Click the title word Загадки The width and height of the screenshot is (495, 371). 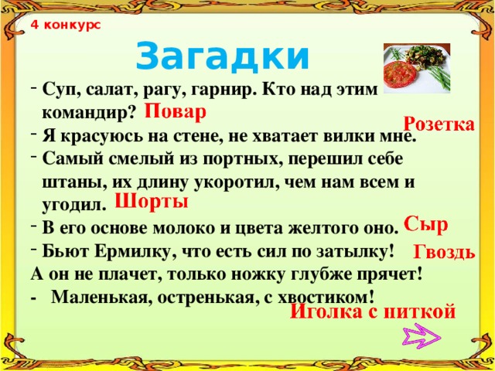[x=222, y=55]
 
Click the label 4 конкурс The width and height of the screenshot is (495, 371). [x=66, y=24]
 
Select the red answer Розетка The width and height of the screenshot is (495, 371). [x=439, y=124]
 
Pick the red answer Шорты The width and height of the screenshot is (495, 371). [x=152, y=203]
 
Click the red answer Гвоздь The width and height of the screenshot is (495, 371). [x=444, y=252]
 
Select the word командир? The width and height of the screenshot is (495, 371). [x=89, y=112]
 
